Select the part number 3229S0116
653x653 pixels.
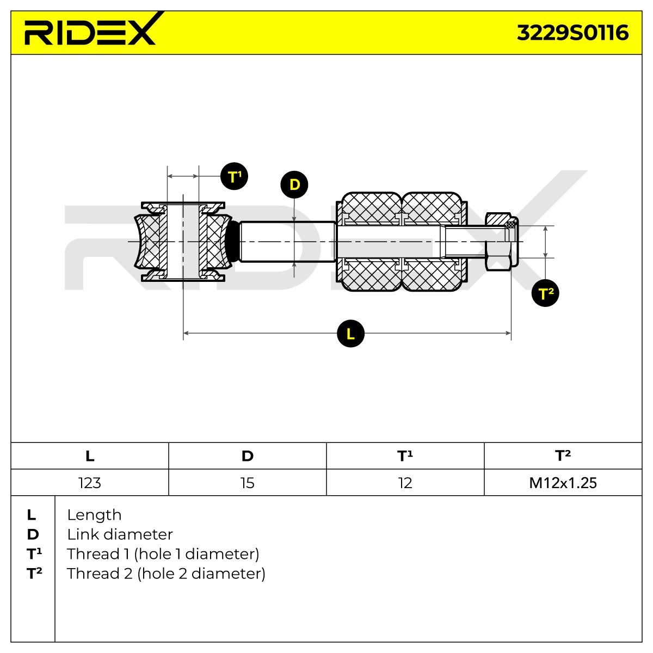click(x=572, y=33)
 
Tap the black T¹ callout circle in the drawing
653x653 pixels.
click(x=234, y=176)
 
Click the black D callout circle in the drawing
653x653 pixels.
click(x=294, y=184)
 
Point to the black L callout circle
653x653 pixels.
click(x=351, y=334)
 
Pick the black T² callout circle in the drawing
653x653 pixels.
click(x=545, y=293)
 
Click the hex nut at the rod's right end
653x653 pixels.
click(x=502, y=242)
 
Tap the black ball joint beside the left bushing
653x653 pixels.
click(x=232, y=241)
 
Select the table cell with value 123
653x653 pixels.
click(x=90, y=483)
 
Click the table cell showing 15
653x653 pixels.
click(x=248, y=483)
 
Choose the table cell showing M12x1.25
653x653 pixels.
click(x=563, y=483)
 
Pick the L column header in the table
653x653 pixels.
click(x=90, y=456)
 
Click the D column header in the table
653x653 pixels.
click(x=248, y=456)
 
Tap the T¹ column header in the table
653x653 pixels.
click(x=405, y=456)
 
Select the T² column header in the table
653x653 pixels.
click(x=563, y=456)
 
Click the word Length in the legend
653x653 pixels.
click(x=94, y=515)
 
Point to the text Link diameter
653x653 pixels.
click(x=120, y=535)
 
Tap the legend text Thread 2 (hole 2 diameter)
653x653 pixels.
click(x=166, y=574)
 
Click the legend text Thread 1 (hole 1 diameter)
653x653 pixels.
click(x=163, y=554)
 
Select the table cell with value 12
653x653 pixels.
click(x=405, y=483)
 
